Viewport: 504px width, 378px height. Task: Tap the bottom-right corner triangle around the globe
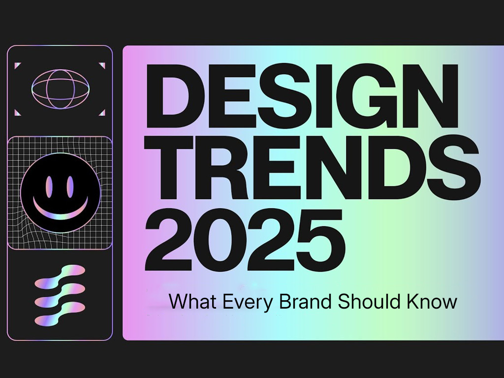102,113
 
